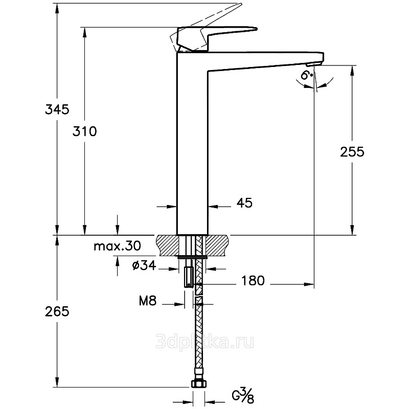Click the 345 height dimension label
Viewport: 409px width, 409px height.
click(x=57, y=109)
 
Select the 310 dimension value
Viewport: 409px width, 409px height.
click(x=84, y=131)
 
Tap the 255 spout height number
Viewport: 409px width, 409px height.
click(x=352, y=152)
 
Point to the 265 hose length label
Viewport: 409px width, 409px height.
click(x=57, y=311)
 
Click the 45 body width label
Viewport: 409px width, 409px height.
click(x=244, y=202)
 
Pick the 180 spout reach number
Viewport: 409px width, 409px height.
click(x=253, y=281)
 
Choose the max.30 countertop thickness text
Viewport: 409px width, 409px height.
click(x=117, y=246)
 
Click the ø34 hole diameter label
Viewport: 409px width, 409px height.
click(x=144, y=265)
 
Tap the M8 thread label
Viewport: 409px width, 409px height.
click(x=148, y=301)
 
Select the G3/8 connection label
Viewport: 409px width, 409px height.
click(x=243, y=396)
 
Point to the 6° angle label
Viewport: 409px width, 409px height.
click(x=306, y=75)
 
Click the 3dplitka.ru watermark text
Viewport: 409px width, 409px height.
click(x=204, y=342)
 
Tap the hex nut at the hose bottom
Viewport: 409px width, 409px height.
click(x=199, y=383)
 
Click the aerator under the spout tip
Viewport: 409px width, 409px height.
click(x=314, y=64)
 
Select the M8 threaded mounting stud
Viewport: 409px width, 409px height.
click(x=188, y=277)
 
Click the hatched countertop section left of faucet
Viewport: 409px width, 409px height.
click(x=167, y=246)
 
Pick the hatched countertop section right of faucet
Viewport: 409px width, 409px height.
click(x=218, y=246)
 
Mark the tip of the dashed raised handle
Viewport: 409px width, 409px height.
click(x=241, y=4)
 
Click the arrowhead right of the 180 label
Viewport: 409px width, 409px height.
click(x=309, y=284)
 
